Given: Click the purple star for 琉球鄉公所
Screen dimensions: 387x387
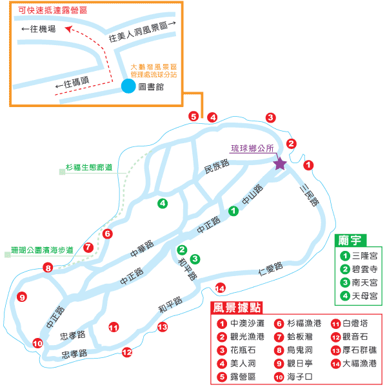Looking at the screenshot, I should point(280,163).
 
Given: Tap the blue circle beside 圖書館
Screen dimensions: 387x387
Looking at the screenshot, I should point(129,86).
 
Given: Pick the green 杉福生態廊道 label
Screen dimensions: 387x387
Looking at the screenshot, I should point(89,168).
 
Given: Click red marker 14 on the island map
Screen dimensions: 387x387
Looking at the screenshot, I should point(221,288).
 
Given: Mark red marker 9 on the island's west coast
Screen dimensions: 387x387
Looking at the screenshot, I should point(22,297).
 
